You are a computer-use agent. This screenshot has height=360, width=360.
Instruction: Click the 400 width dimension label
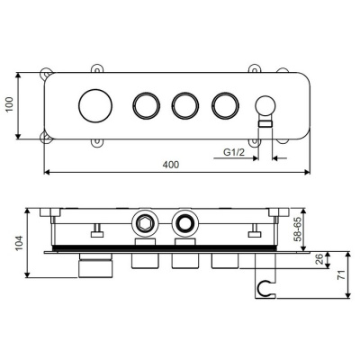click(x=171, y=165)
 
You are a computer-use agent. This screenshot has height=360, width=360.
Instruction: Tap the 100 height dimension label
click(x=10, y=104)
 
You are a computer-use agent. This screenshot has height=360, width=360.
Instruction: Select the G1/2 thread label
click(x=234, y=152)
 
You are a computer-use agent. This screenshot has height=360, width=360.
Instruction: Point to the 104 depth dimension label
click(x=19, y=243)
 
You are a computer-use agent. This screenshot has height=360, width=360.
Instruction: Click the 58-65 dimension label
click(x=298, y=230)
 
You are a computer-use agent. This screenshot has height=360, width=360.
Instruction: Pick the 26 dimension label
click(x=319, y=259)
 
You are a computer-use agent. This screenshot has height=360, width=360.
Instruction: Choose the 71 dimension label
click(x=341, y=274)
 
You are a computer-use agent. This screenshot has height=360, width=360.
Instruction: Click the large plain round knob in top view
click(x=95, y=105)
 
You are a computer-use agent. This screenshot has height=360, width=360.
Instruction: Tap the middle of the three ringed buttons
click(x=185, y=105)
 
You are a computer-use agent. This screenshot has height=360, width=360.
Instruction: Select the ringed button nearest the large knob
click(x=147, y=105)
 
